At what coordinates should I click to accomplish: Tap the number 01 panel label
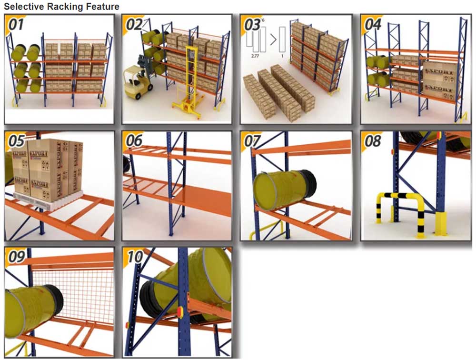pyautogui.click(x=16, y=24)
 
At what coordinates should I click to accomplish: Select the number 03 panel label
pyautogui.click(x=251, y=24)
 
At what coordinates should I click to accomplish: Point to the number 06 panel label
pyautogui.click(x=134, y=141)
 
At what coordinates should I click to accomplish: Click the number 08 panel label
pyautogui.click(x=371, y=141)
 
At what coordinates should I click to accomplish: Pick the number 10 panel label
pyautogui.click(x=135, y=257)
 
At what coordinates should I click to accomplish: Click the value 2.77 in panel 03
pyautogui.click(x=258, y=56)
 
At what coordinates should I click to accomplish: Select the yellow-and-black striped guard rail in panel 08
pyautogui.click(x=400, y=210)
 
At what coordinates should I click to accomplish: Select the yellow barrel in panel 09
pyautogui.click(x=29, y=310)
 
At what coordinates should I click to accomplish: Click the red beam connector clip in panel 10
pyautogui.click(x=180, y=312)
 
